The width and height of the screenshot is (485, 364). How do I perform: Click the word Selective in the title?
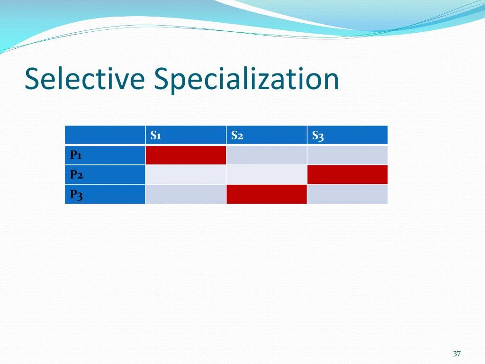point(84,79)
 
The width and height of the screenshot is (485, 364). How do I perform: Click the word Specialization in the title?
point(246,80)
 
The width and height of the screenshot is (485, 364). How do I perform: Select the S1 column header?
point(156,136)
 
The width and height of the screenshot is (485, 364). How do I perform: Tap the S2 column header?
point(237,136)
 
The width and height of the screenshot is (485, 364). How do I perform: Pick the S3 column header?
point(318,136)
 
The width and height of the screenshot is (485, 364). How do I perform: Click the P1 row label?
point(76,155)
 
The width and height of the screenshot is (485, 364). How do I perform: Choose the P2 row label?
point(76,174)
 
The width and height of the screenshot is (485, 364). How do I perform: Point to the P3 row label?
point(76,194)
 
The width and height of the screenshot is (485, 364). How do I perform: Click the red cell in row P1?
point(186,155)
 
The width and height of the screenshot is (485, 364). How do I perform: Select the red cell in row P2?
point(347,174)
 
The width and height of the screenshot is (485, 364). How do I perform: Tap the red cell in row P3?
point(267,194)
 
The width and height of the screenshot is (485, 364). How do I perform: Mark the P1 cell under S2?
point(267,155)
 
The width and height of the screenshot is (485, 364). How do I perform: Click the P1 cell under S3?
point(347,155)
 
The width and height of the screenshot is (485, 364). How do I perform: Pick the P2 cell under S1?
point(186,174)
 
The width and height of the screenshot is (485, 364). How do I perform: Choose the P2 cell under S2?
point(267,174)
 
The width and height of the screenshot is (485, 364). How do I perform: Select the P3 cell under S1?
point(186,194)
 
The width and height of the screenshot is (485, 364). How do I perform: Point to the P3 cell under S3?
point(347,194)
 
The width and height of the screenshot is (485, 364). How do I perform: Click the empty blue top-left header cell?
point(105,135)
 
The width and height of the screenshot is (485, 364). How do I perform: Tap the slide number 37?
point(457,354)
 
